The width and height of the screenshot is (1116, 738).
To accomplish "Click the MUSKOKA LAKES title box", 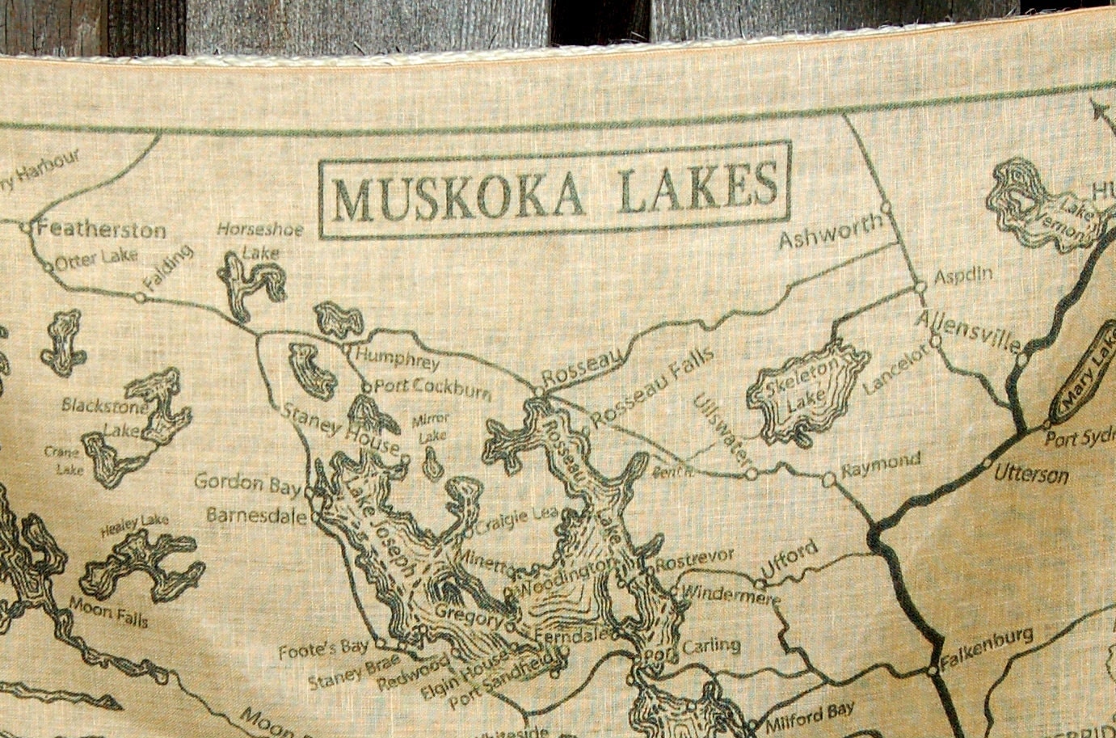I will click(554, 191).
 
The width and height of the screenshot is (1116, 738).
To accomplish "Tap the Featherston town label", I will click(101, 230).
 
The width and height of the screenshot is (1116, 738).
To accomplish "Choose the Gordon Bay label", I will click(241, 483).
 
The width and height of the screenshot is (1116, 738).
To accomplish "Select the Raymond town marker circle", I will click(828, 480).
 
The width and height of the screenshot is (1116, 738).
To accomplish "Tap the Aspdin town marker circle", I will click(919, 284).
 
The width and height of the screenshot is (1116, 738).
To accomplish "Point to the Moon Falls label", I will click(108, 612).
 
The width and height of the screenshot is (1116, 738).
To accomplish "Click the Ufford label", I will click(791, 561).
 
